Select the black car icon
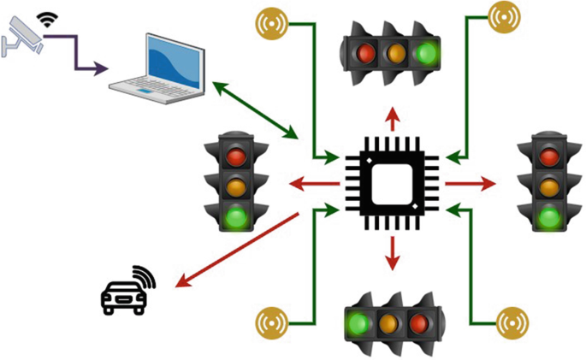pyautogui.click(x=122, y=294)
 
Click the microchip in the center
pyautogui.click(x=393, y=182)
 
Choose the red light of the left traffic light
pyautogui.click(x=236, y=156)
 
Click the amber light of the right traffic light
pyautogui.click(x=548, y=185)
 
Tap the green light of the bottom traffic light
pyautogui.click(x=358, y=324)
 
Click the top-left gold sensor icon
pyautogui.click(x=274, y=23)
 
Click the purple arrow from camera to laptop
pyautogui.click(x=82, y=53)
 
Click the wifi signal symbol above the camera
pyautogui.click(x=45, y=16)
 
